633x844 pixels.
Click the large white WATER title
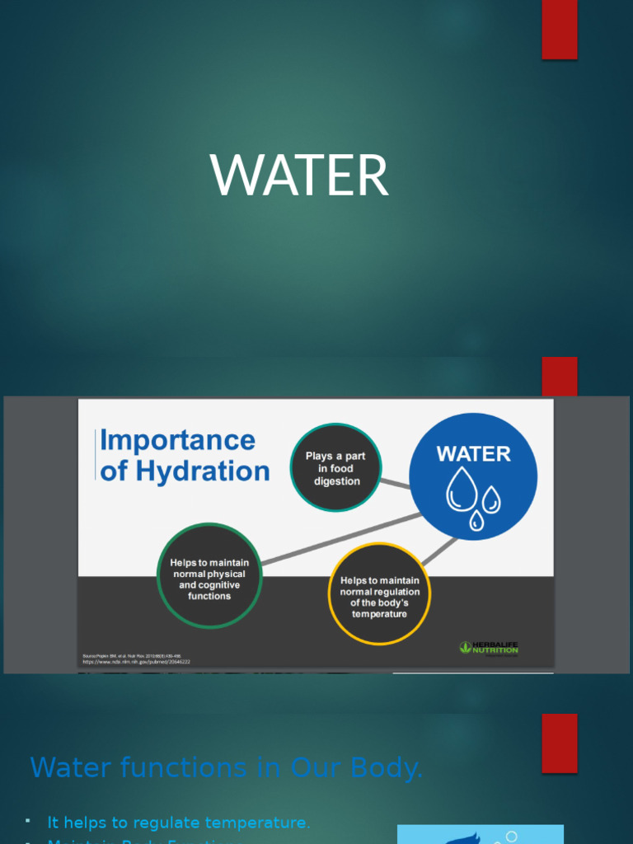pos(299,176)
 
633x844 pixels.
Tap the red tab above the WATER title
pos(559,29)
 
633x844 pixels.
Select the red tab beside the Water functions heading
pos(559,743)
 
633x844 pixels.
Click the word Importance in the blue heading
pos(177,440)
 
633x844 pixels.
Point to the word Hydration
pos(203,471)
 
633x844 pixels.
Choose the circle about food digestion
pos(335,467)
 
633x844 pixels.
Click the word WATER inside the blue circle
pos(473,454)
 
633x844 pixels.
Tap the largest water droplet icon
pos(461,490)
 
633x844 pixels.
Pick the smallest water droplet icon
pos(476,520)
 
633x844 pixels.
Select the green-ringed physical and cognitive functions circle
pos(209,575)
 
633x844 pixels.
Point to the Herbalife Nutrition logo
pos(489,648)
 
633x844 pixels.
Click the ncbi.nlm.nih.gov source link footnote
pos(136,661)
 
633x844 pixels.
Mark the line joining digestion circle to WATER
pos(395,483)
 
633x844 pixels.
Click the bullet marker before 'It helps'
pos(27,821)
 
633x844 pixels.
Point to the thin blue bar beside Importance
pos(96,455)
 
